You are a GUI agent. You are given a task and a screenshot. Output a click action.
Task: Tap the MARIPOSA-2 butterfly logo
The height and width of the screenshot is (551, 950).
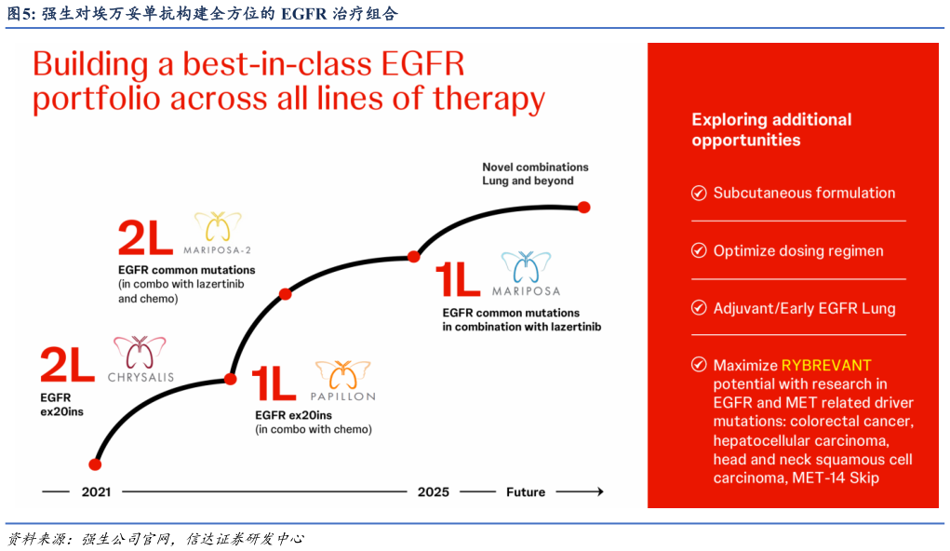coord(218,227)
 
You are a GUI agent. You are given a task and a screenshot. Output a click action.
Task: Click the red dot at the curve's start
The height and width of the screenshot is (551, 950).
coord(94,464)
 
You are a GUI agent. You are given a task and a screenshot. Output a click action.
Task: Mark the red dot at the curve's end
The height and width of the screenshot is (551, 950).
coord(584,207)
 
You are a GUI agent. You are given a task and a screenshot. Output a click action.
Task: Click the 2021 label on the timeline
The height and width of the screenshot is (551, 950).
coord(96,491)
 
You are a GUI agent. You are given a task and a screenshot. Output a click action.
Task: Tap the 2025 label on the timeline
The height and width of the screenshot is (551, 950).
coord(434,491)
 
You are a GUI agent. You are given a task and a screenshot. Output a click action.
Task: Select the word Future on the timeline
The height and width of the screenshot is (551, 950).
coord(526,491)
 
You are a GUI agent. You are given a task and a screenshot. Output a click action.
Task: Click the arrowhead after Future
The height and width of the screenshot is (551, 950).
coord(597,491)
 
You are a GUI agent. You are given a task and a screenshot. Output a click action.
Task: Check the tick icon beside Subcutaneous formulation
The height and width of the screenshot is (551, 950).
coord(699,194)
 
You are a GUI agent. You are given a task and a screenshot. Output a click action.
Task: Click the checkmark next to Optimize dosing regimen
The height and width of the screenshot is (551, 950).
coord(699,251)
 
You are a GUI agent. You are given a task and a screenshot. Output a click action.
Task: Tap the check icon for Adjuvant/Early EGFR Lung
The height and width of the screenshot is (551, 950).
coord(699,309)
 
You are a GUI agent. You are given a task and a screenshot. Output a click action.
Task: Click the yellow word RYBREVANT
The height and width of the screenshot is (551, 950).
coord(826,365)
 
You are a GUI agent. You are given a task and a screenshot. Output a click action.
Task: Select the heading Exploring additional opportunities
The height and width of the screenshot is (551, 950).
coord(771,129)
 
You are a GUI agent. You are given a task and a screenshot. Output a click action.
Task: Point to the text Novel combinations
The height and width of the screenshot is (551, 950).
coord(535,168)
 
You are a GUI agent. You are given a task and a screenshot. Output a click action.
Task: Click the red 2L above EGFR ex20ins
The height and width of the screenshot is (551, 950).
coord(67,365)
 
